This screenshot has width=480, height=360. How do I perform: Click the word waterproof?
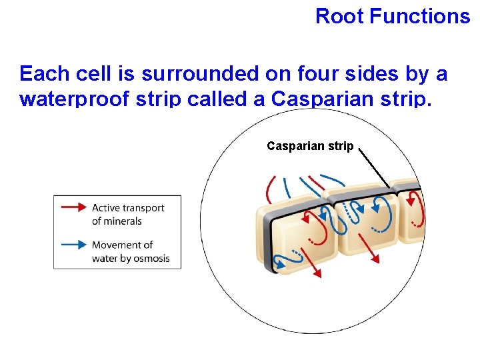tap(74, 99)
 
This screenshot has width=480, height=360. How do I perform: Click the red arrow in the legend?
tap(73, 207)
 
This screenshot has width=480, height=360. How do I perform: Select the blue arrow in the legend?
tap(73, 245)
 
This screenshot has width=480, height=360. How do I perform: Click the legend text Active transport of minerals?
tap(127, 214)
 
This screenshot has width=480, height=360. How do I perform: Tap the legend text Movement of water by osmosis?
tap(131, 251)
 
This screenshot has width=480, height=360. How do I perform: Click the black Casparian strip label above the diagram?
tap(310, 145)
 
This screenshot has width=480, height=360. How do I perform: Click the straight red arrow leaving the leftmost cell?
tap(313, 263)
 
